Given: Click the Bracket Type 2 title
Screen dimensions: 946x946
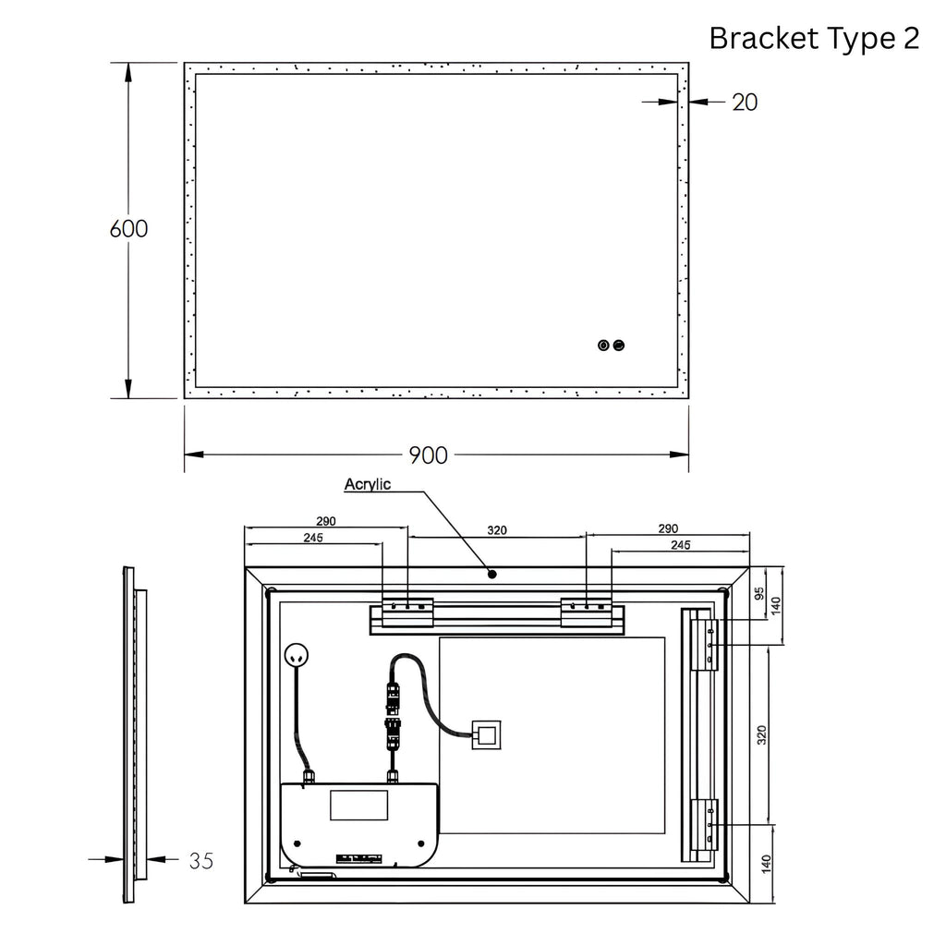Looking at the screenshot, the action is [814, 39].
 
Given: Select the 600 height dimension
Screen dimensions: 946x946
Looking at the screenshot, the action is [128, 229].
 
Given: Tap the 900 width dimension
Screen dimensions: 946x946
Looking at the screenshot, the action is [429, 455].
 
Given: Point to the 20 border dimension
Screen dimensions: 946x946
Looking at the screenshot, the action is [745, 102].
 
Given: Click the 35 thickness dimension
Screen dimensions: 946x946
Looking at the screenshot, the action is [200, 860].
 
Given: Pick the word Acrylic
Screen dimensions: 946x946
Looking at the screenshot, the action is [368, 484].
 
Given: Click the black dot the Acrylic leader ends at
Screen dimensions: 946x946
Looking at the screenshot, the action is [492, 575].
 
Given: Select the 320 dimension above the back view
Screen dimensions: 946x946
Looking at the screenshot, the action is [496, 530].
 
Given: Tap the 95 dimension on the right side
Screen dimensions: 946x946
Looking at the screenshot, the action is [759, 594].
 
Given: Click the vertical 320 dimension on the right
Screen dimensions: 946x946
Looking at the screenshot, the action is [761, 734].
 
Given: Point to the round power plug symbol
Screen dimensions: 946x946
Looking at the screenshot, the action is [297, 655].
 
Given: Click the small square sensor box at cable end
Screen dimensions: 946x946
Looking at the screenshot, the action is [486, 734].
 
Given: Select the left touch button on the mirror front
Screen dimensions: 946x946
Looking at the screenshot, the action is [603, 346].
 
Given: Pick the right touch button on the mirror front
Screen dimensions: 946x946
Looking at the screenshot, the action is [618, 346].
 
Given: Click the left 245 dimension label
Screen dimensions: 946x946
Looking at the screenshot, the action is [313, 538].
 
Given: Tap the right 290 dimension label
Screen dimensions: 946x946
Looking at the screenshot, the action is [668, 528].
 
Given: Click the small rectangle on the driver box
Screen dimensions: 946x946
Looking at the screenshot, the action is [359, 805].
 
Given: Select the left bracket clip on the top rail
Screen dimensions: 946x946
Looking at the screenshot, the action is [407, 612].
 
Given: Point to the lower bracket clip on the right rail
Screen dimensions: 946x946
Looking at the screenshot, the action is [704, 824].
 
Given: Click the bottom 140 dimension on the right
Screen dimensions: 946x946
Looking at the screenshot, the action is [766, 864].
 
